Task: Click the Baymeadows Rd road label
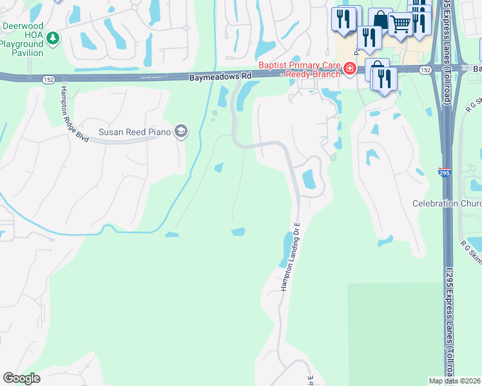220,76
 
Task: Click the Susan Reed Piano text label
134,133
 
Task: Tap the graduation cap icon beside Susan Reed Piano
181,132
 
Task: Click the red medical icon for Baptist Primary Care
350,68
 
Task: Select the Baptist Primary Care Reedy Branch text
299,69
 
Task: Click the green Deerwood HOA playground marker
53,39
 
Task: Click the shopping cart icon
400,24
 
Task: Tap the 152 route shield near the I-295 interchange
425,69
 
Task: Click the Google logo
21,378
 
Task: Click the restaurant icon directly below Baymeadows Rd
385,78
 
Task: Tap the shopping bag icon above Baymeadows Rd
380,20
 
